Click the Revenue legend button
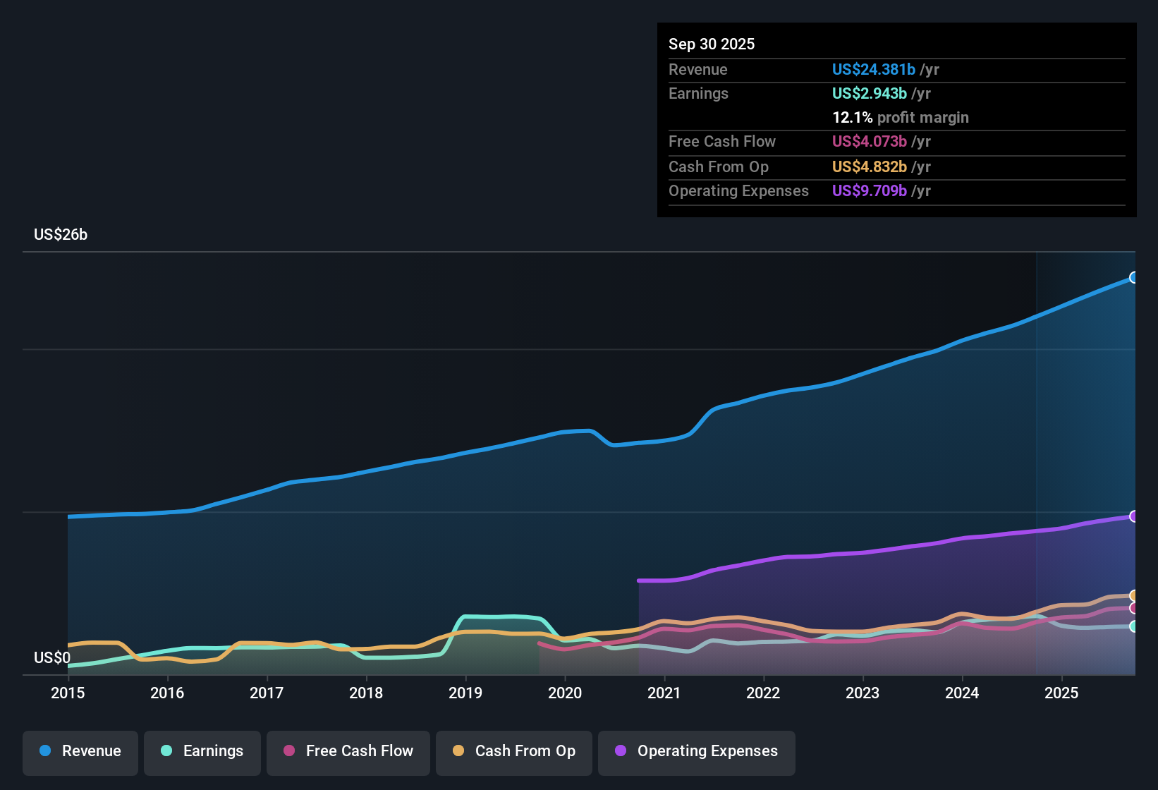[x=80, y=751]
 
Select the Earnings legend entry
[x=202, y=751]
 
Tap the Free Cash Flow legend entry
[x=348, y=751]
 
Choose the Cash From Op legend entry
[x=514, y=751]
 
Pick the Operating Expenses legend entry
[x=697, y=751]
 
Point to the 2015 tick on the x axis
[x=68, y=693]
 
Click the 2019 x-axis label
[x=465, y=693]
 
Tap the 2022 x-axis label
[x=763, y=693]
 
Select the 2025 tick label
[x=1061, y=693]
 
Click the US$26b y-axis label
[x=61, y=235]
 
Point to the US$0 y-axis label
[x=52, y=658]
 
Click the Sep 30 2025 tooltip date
[x=711, y=44]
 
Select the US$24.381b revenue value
[x=873, y=69]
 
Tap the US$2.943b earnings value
[x=869, y=93]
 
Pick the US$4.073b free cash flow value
[x=869, y=141]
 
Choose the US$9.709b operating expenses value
[x=869, y=190]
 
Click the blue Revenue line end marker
[x=1133, y=278]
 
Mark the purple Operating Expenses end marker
[x=1133, y=516]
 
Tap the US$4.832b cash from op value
[x=869, y=166]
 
